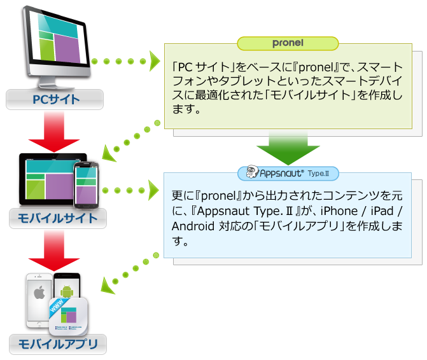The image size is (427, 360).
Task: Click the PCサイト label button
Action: point(55,99)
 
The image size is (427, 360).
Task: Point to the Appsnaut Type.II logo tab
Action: point(288,173)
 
